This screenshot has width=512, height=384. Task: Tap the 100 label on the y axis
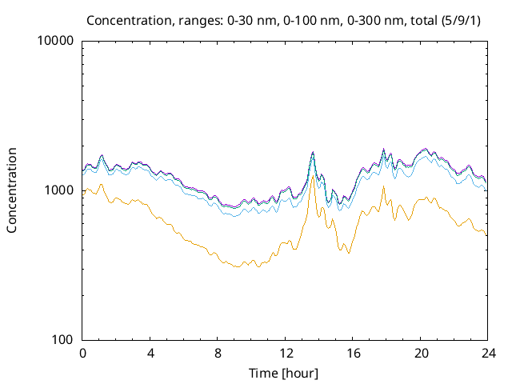62,339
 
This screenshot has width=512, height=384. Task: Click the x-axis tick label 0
82,353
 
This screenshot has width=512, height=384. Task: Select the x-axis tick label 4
150,353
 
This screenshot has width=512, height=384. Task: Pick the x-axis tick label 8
218,353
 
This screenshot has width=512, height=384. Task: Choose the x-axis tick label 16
353,353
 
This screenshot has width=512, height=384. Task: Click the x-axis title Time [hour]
285,373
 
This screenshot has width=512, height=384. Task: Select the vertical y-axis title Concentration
12,190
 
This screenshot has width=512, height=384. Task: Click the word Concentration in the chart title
126,19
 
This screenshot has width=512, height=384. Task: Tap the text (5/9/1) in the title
464,19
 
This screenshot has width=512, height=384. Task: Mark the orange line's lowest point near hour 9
237,266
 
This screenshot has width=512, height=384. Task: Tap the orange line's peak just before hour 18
383,187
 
